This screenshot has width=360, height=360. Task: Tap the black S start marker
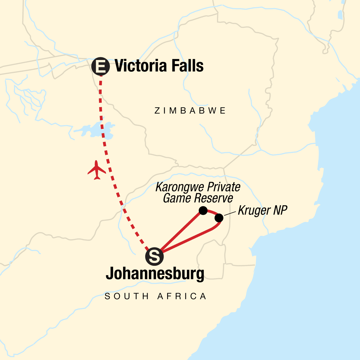154,256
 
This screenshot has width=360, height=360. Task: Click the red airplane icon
97,170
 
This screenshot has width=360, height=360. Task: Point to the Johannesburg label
155,274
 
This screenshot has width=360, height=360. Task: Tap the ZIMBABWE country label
190,111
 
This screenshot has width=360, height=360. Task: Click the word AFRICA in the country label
182,296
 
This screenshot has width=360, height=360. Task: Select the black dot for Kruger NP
219,218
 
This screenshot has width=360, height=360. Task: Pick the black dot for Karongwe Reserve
203,211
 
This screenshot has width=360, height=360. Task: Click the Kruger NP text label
262,210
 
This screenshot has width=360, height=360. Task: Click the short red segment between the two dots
212,212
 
